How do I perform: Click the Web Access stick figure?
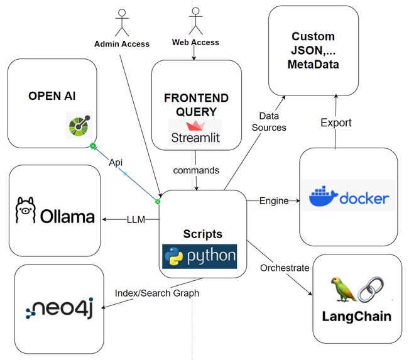[x=195, y=21]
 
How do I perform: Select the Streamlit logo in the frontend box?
[x=195, y=133]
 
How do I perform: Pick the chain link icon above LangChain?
[x=371, y=287]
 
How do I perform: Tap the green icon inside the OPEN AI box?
[x=80, y=126]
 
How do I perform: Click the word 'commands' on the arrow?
[x=197, y=170]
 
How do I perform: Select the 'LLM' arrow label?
[x=136, y=219]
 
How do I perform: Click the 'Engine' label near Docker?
[x=274, y=201]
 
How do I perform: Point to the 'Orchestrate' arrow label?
[x=285, y=268]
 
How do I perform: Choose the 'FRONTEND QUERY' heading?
[x=195, y=105]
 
